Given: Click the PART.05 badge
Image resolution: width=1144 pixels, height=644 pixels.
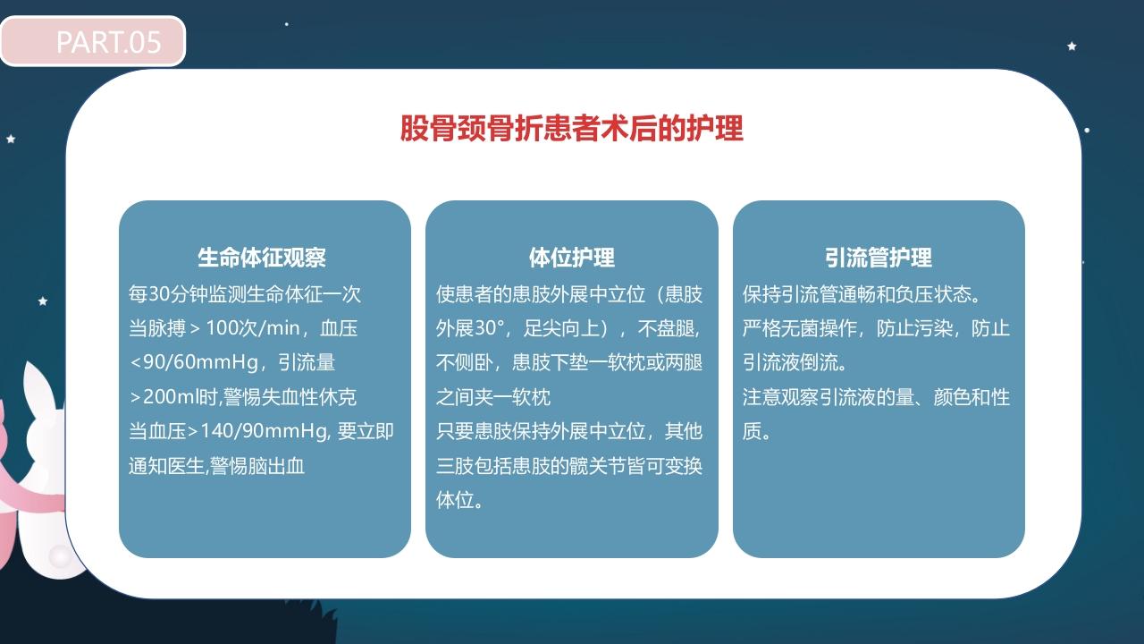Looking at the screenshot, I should pyautogui.click(x=93, y=41).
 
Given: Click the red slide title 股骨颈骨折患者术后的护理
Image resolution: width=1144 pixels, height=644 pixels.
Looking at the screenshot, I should pyautogui.click(x=571, y=129).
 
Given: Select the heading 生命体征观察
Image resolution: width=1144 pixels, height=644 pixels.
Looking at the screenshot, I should pyautogui.click(x=262, y=258).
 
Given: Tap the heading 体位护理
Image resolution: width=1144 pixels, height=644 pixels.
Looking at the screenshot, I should pyautogui.click(x=571, y=258).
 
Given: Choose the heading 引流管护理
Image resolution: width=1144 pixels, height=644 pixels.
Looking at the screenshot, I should pyautogui.click(x=879, y=258).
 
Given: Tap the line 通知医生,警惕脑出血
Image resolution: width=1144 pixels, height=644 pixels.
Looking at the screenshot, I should pyautogui.click(x=217, y=465).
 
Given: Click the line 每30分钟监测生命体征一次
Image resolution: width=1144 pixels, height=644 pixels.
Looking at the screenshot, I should pyautogui.click(x=245, y=294).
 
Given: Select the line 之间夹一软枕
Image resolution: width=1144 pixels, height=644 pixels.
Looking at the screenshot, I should pyautogui.click(x=493, y=397).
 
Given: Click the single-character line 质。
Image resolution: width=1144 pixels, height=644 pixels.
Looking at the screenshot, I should pyautogui.click(x=757, y=431).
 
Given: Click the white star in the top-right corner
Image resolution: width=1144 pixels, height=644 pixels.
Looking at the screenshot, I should pyautogui.click(x=1072, y=46).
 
